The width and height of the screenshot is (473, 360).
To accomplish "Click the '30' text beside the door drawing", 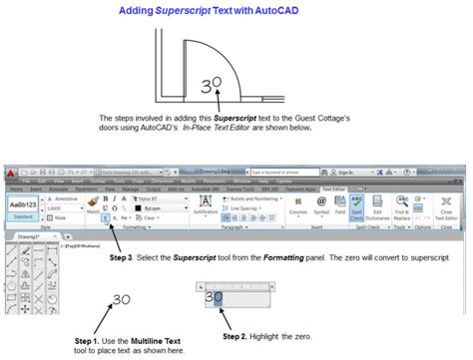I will (x=211, y=88).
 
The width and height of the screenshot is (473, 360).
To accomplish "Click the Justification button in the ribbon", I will (x=206, y=208).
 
